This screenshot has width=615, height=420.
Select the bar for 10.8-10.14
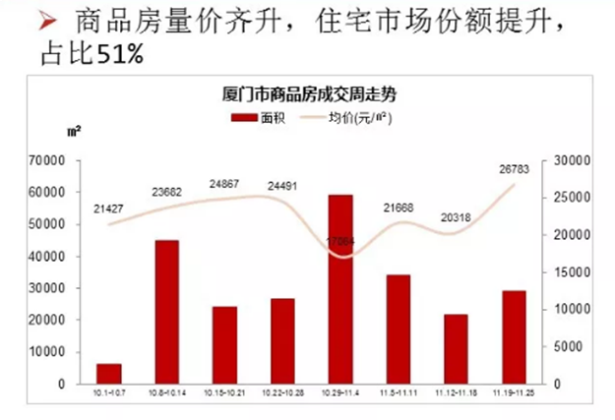pos(167,312)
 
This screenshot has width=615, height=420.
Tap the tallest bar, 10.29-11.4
pos(341,289)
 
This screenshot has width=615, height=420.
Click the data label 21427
pos(108,209)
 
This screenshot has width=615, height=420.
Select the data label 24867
pos(224,184)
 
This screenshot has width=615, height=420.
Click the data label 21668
pos(399,209)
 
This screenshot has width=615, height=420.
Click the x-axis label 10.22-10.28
pos(282,391)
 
